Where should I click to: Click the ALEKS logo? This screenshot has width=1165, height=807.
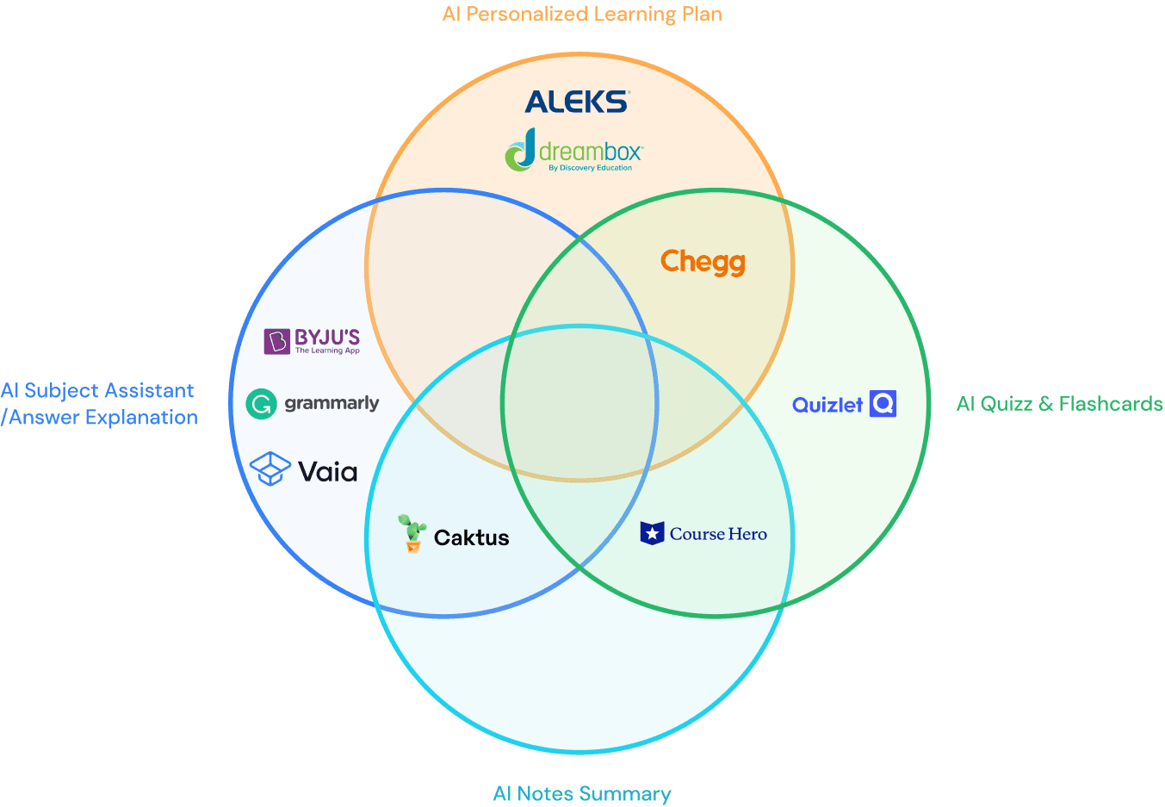click(576, 102)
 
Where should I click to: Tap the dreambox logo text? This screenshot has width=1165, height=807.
click(591, 152)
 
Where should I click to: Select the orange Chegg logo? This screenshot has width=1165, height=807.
click(703, 262)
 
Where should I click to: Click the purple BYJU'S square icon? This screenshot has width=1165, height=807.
click(276, 341)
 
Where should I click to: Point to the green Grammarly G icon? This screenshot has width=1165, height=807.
click(261, 403)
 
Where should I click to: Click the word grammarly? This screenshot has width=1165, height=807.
click(332, 403)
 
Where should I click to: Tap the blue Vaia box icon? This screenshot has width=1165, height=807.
click(270, 469)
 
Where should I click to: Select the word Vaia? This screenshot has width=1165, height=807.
click(327, 471)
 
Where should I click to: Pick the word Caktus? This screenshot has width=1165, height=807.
click(471, 538)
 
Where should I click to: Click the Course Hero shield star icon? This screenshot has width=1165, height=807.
click(652, 533)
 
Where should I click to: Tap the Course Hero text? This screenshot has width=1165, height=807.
click(718, 534)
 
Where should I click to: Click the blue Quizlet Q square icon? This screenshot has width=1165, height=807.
click(883, 403)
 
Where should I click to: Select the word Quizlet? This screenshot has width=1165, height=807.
click(827, 405)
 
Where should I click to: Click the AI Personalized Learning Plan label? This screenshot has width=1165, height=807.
click(582, 15)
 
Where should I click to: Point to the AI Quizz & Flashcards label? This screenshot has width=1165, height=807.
click(1059, 404)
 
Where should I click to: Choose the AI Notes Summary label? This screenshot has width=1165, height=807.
click(582, 794)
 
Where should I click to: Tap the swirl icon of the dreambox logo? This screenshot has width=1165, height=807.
click(520, 152)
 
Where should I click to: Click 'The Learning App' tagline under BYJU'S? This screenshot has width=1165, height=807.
click(327, 351)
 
